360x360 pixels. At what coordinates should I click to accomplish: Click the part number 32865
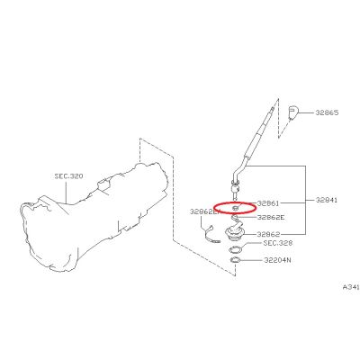[327, 112]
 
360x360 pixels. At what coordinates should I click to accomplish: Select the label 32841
[327, 200]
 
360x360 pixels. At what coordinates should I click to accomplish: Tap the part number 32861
[268, 203]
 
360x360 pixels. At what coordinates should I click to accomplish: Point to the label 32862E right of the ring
[271, 217]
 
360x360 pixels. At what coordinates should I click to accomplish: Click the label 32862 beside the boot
[268, 234]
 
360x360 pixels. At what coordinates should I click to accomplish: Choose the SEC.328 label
[277, 243]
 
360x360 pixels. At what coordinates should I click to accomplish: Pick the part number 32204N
[277, 260]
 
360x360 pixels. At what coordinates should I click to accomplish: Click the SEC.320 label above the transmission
[68, 176]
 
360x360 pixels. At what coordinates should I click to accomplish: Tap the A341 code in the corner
[351, 287]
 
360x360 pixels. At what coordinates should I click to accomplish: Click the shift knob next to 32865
[292, 112]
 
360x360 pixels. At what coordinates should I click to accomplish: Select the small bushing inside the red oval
[236, 208]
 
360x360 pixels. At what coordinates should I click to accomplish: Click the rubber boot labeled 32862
[235, 231]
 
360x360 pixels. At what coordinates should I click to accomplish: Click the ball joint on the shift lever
[236, 190]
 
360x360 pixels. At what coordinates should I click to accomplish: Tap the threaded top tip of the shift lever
[273, 109]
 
